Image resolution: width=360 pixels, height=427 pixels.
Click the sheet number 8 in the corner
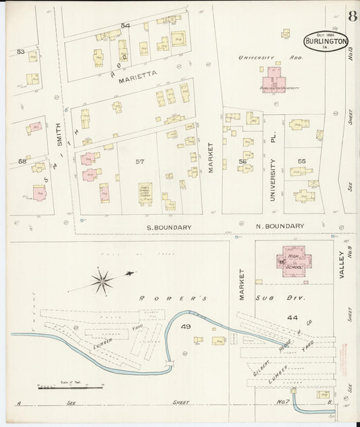353,16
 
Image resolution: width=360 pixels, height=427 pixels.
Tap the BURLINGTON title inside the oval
326,41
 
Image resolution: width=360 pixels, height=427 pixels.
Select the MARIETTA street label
138,78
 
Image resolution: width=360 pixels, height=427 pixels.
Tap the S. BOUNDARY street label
169,227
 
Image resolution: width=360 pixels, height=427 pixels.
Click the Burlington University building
274,79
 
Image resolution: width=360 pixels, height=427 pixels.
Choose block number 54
125,26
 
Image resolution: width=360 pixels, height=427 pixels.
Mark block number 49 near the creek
186,328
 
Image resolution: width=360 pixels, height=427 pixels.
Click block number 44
292,317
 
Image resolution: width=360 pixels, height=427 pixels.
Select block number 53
20,51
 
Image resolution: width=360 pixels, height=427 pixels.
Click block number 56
241,162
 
